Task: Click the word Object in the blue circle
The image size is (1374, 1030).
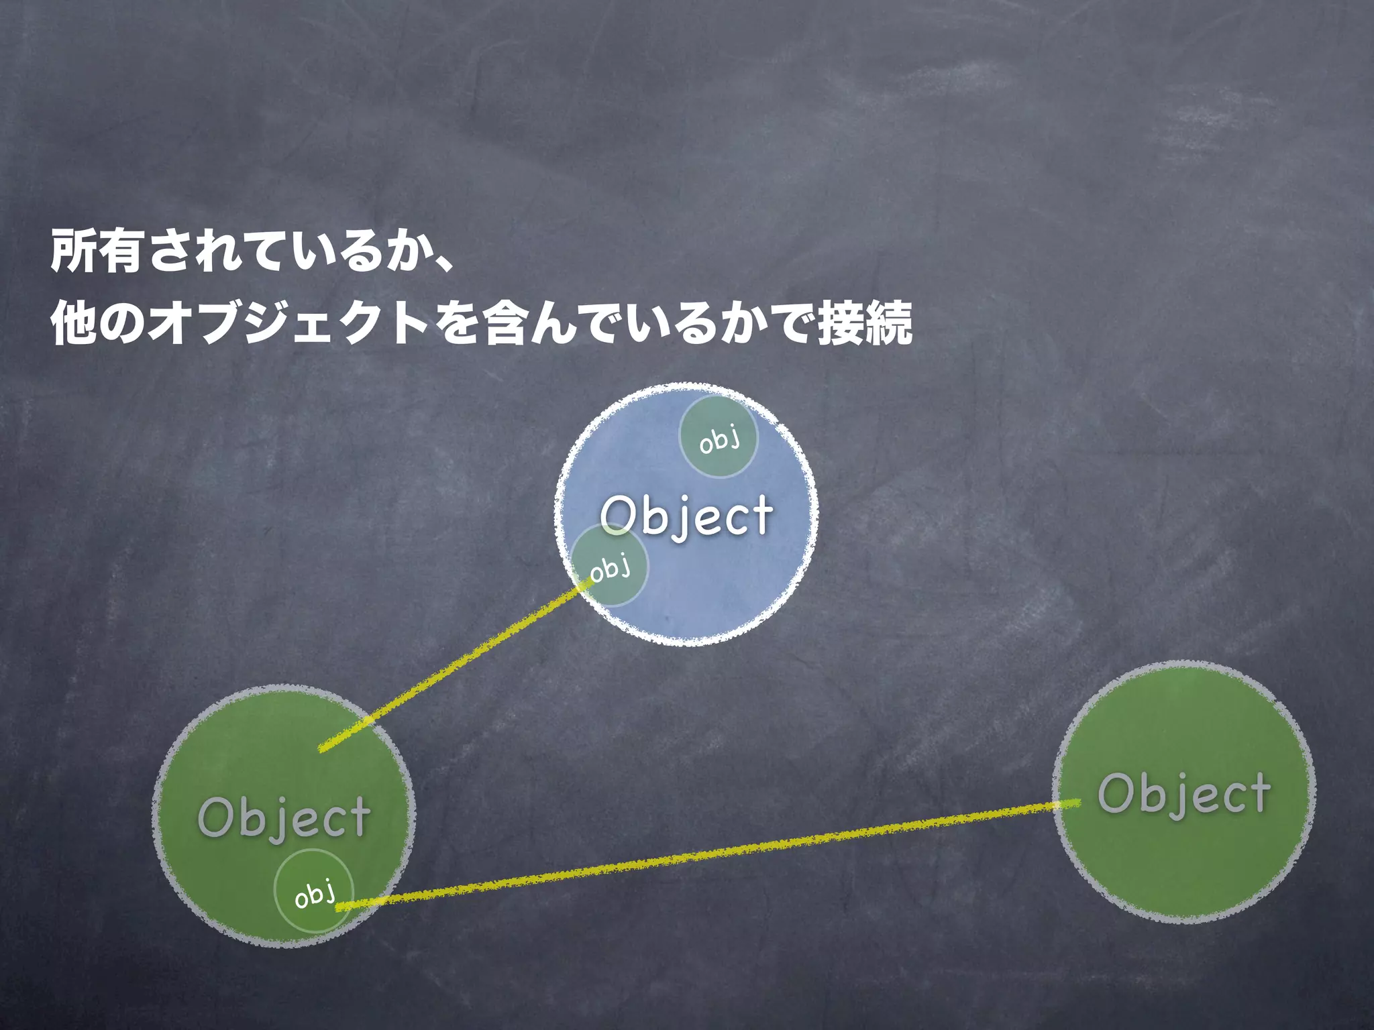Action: tap(686, 516)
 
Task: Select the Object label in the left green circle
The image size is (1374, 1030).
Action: tap(284, 817)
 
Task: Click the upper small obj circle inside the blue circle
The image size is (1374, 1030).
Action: tap(719, 437)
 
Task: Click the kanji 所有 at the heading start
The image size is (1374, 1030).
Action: tap(96, 251)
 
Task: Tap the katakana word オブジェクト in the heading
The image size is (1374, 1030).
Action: tap(289, 323)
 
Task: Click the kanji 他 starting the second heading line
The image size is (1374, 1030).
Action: tap(74, 323)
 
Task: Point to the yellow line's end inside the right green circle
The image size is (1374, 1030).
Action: tap(1077, 802)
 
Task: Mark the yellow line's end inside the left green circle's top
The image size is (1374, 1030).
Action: tap(322, 748)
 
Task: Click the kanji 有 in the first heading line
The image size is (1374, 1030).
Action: tap(120, 251)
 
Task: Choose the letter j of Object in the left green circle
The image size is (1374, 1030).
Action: tap(285, 823)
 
